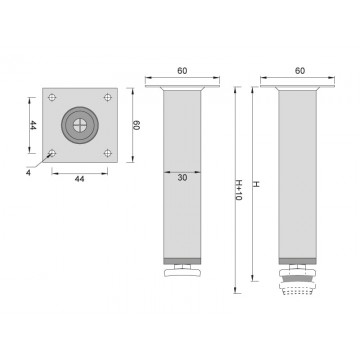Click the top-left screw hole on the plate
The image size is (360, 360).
pos(53,96)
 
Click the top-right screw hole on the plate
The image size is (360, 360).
pos(105,96)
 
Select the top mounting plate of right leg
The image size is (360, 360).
pos(297,88)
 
